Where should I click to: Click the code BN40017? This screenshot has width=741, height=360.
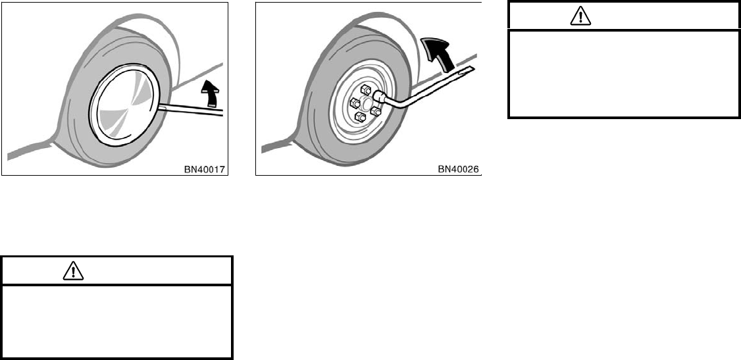(x=205, y=169)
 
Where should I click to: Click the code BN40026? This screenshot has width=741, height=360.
(x=459, y=169)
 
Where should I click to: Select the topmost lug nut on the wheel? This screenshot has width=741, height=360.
(x=366, y=90)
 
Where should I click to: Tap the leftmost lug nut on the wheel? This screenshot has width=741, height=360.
(x=354, y=103)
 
